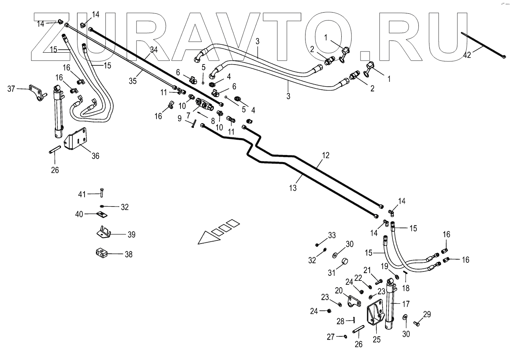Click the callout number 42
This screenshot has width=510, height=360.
[467, 55]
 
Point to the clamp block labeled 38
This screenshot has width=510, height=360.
[102, 253]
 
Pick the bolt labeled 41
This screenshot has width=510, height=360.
[102, 193]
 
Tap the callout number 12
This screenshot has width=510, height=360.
[325, 156]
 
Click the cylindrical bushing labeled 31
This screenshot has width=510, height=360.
[345, 262]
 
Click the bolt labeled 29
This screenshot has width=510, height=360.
[417, 323]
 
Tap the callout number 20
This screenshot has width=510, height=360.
[339, 290]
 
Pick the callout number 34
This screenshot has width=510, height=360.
[153, 50]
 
